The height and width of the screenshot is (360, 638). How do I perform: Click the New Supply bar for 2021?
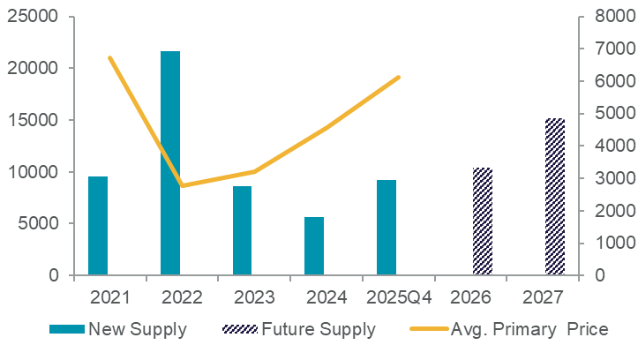[98, 226]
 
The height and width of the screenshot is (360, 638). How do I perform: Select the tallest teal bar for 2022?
[170, 163]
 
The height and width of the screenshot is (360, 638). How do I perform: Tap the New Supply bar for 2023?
[243, 230]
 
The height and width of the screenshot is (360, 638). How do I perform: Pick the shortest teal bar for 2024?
[314, 246]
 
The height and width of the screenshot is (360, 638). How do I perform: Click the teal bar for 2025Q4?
[387, 228]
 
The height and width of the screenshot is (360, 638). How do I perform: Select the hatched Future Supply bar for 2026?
[483, 221]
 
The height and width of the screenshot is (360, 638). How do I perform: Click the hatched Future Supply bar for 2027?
[555, 197]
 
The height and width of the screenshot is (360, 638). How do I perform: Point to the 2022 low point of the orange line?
[182, 185]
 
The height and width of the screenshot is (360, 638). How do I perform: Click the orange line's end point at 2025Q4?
[400, 78]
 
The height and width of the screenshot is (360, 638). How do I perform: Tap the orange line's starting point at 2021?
[109, 58]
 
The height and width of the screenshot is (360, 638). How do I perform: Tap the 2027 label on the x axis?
[544, 296]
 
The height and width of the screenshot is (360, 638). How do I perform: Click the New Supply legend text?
[137, 330]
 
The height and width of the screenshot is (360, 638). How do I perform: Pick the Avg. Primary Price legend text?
[529, 330]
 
